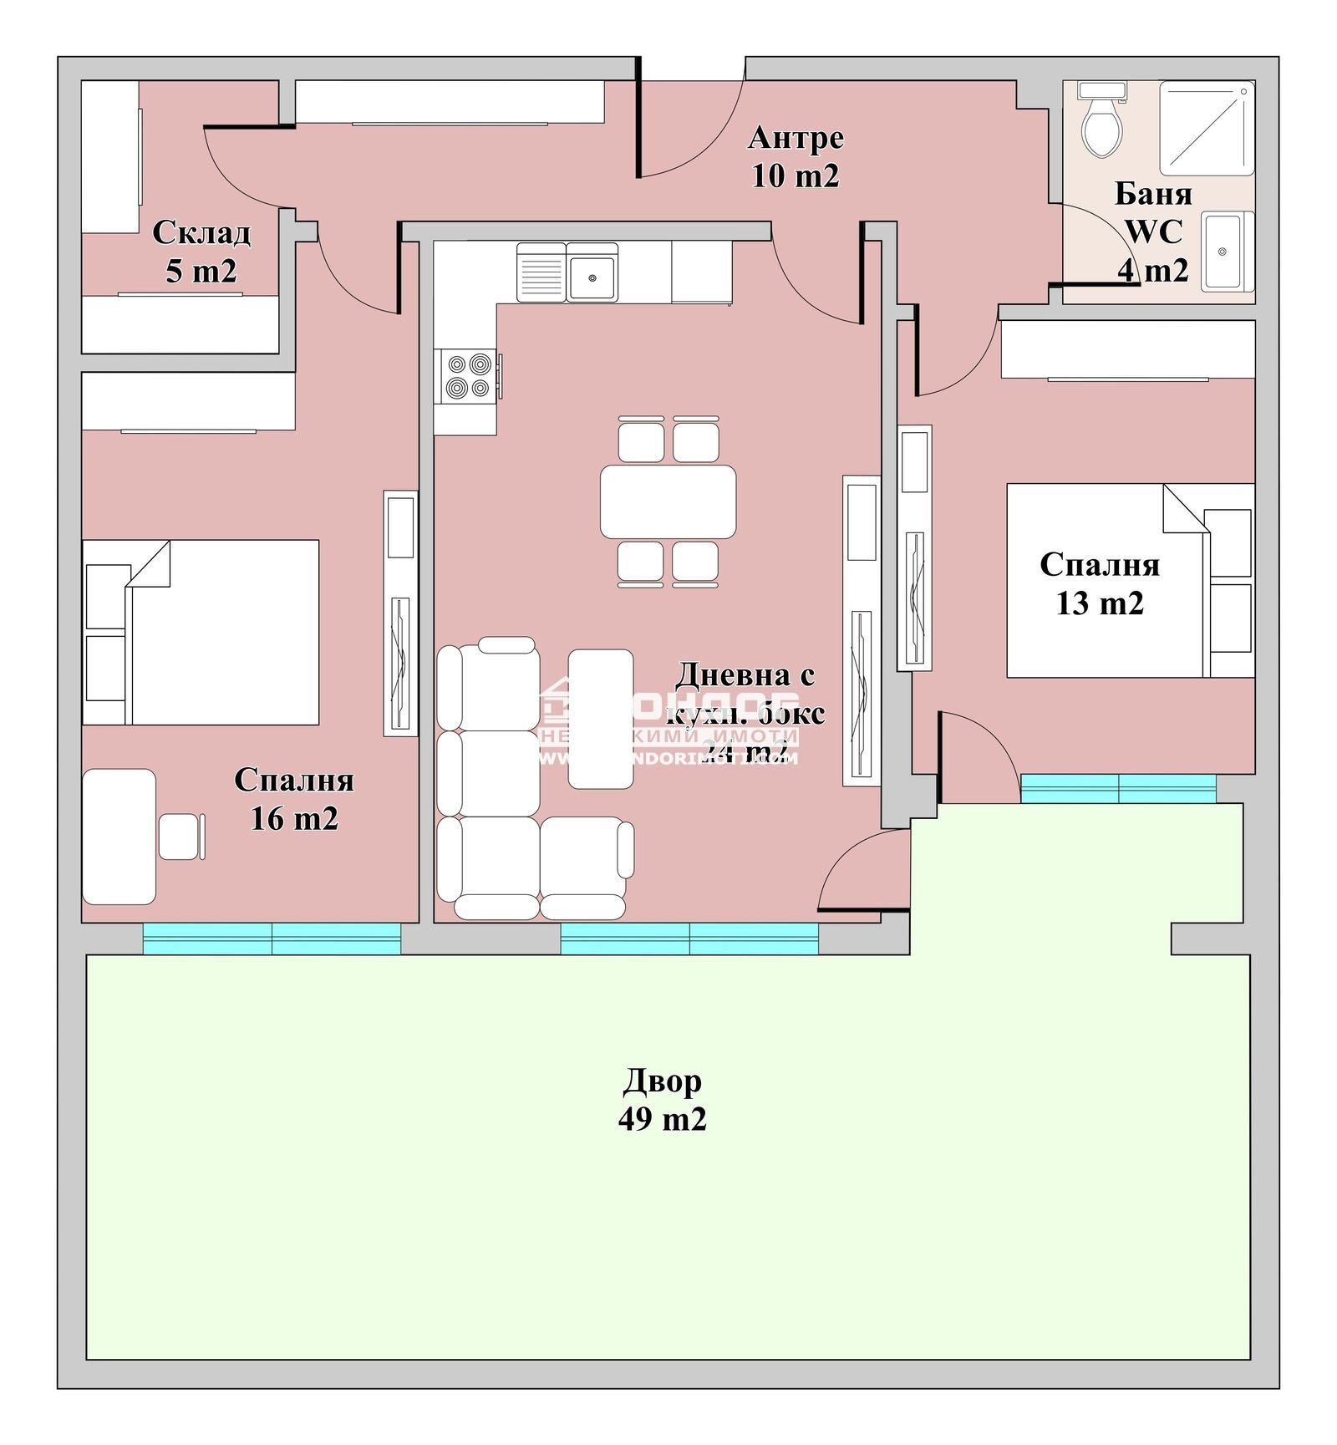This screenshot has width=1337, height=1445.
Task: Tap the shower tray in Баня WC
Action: coord(1207,128)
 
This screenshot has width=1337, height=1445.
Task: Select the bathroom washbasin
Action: coord(1227,252)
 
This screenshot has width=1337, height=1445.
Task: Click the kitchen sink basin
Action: coord(592,277)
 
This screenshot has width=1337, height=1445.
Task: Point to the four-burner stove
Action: coord(468,376)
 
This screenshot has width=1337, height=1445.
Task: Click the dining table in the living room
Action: coord(668,501)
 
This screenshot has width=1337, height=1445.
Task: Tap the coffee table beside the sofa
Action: coord(600,719)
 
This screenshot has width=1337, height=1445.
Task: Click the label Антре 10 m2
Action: coord(796,156)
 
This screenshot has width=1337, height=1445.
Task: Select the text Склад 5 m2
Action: coord(201,251)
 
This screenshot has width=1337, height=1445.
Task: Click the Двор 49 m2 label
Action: coord(662,1099)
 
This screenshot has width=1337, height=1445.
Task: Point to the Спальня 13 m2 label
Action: coord(1100,583)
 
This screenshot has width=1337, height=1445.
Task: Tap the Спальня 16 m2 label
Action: coord(294,798)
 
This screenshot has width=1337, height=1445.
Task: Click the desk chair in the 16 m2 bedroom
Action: coord(180,836)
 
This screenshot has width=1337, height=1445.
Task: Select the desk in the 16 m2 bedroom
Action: coord(119,837)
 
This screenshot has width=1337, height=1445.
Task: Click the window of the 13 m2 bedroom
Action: coord(1118,788)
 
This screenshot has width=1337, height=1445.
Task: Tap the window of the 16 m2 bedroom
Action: coord(272,938)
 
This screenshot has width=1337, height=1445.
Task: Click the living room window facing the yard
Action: coord(689,938)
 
